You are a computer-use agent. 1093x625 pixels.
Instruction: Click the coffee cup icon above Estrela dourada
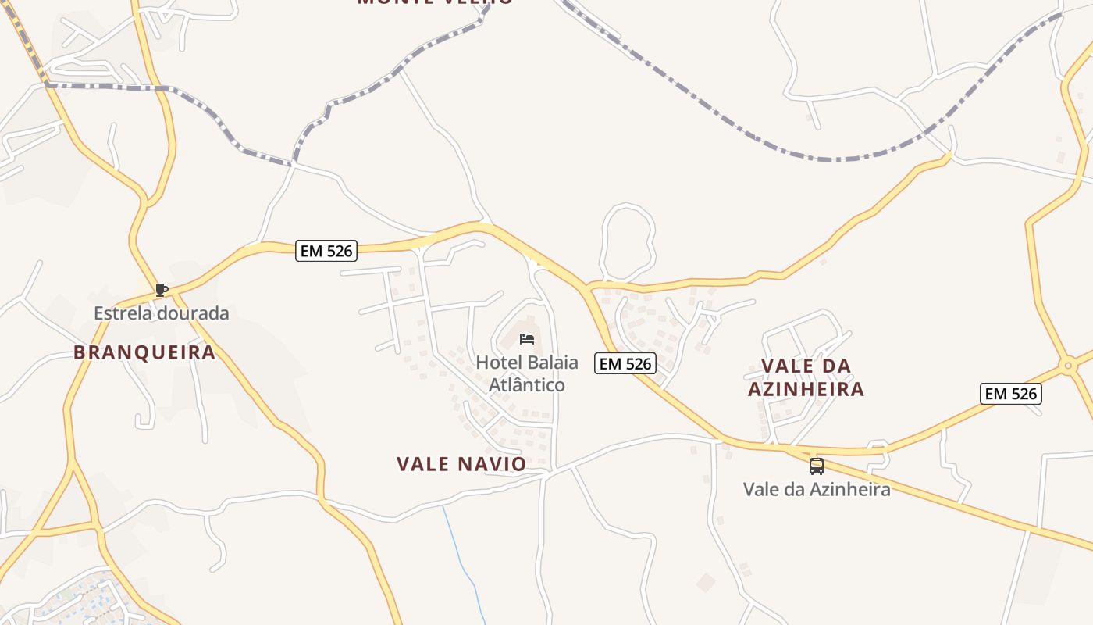click(162, 290)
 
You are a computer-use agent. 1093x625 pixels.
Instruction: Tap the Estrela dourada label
click(162, 313)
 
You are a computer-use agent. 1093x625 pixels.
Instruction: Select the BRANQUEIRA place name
click(144, 352)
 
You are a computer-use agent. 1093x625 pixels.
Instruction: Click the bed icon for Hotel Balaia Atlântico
click(527, 338)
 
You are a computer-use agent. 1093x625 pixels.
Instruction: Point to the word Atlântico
click(526, 385)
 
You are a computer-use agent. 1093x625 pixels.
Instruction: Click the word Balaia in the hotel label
click(552, 362)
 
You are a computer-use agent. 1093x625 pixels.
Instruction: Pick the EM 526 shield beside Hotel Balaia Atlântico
click(625, 363)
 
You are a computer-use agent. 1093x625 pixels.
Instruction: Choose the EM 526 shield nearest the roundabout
click(1011, 394)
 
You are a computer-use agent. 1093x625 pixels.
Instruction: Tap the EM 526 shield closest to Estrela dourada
click(326, 251)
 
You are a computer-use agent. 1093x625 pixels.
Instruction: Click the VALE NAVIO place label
click(461, 464)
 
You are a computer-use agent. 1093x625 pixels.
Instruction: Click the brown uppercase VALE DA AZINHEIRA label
click(806, 377)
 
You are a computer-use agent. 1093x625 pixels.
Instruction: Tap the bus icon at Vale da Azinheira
click(816, 466)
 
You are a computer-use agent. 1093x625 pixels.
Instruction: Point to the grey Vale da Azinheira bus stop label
click(816, 490)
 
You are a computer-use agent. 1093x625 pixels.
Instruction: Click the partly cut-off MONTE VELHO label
click(435, 2)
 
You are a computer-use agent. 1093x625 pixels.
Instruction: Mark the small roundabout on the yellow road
click(1067, 365)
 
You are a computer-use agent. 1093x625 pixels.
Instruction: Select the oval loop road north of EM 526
click(627, 241)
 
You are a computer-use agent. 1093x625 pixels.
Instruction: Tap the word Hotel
click(499, 362)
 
